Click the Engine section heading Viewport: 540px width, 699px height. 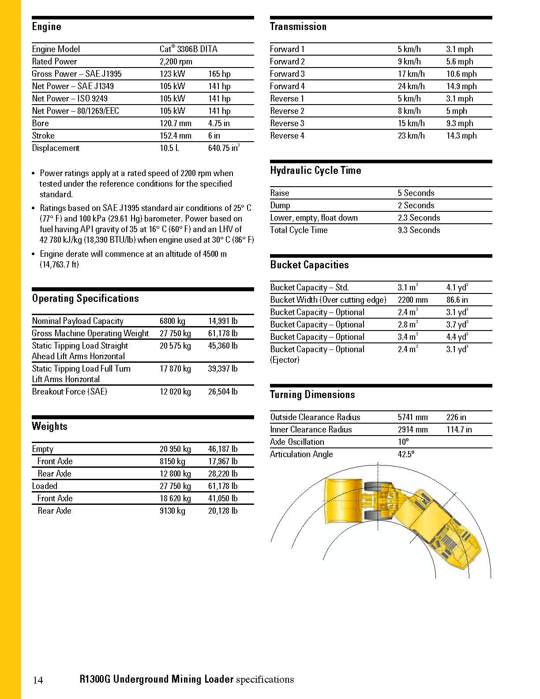click(x=46, y=27)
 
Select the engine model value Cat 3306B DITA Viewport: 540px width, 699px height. click(x=188, y=49)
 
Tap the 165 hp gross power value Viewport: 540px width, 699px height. click(x=219, y=74)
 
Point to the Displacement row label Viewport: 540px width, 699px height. click(x=56, y=148)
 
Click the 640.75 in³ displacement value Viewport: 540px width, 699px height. click(x=224, y=148)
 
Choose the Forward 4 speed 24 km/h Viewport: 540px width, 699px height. click(x=411, y=86)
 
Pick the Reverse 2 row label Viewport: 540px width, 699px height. click(x=287, y=111)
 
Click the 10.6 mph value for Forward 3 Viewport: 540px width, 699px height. click(x=461, y=74)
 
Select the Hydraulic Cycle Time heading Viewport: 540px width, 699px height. click(x=315, y=171)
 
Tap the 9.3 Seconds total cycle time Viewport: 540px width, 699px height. click(x=419, y=230)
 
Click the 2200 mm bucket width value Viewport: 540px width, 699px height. click(x=412, y=300)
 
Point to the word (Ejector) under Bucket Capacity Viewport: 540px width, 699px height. click(x=285, y=360)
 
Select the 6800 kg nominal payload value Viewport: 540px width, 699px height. click(x=175, y=321)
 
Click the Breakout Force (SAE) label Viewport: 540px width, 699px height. click(x=69, y=391)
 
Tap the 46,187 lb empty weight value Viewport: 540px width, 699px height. click(x=223, y=449)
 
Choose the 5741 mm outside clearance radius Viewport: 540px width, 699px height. click(x=412, y=417)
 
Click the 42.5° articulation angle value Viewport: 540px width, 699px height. click(x=406, y=454)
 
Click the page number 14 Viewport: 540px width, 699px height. click(x=38, y=680)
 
